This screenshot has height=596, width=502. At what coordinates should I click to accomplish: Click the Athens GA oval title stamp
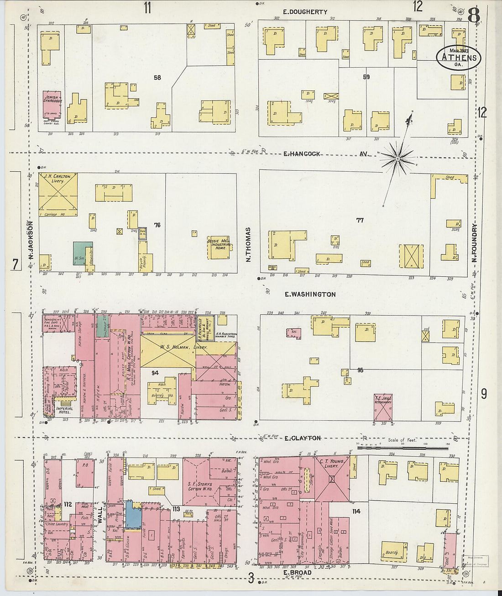tap(458, 58)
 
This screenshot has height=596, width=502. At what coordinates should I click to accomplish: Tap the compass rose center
tap(397, 158)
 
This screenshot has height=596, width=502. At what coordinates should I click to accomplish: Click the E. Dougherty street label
tap(305, 12)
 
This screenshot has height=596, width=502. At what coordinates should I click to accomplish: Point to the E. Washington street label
tap(310, 295)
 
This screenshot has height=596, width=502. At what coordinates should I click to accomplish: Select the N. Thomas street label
tap(249, 244)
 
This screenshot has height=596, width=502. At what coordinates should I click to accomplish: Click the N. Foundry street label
tap(475, 242)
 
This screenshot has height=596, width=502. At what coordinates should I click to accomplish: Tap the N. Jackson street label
tap(31, 240)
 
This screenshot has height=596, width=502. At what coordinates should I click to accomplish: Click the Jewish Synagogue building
tap(52, 103)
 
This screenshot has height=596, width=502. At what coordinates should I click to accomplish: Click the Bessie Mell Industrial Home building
tap(219, 247)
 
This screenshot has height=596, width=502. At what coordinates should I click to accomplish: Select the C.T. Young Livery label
tap(331, 463)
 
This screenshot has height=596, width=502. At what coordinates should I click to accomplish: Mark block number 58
tap(157, 78)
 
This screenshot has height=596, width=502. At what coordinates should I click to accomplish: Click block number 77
tap(360, 220)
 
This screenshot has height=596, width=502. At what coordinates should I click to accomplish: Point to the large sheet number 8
tap(473, 16)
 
